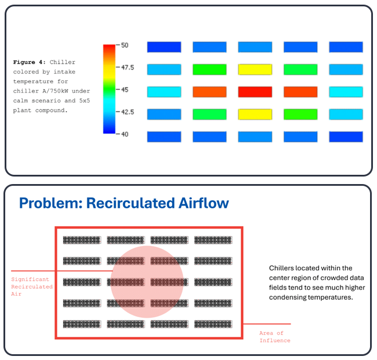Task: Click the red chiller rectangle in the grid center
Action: click(255, 91)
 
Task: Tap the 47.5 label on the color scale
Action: click(127, 67)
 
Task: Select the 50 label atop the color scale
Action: click(125, 45)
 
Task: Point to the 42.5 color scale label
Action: click(127, 112)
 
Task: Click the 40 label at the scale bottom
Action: click(125, 134)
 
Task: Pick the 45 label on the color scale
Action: click(125, 90)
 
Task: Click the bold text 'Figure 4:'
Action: click(30, 62)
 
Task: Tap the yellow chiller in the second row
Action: click(255, 69)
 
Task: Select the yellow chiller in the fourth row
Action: click(255, 114)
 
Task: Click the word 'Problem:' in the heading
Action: click(52, 203)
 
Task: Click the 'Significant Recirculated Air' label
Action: click(32, 286)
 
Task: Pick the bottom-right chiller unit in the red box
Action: click(213, 324)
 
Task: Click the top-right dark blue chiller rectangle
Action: click(346, 47)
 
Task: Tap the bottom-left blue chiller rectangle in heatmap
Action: click(164, 137)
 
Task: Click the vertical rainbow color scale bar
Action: click(109, 89)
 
